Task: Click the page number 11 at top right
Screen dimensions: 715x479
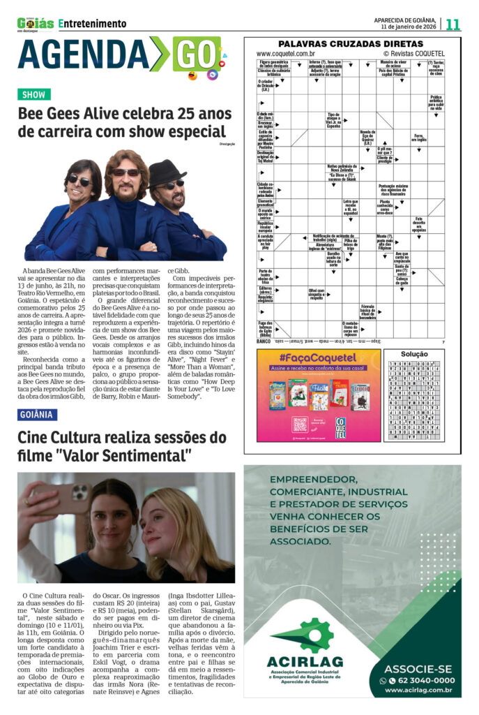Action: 453,24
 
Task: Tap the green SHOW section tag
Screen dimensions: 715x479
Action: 34,94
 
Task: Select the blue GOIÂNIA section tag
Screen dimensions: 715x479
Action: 38,414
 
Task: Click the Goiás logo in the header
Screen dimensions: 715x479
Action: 36,24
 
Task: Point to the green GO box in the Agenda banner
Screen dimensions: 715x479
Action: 196,54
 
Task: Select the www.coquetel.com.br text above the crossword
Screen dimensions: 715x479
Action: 285,53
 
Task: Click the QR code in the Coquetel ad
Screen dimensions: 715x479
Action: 300,424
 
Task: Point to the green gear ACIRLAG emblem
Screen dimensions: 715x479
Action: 300,635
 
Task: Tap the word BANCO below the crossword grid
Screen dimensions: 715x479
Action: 263,341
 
